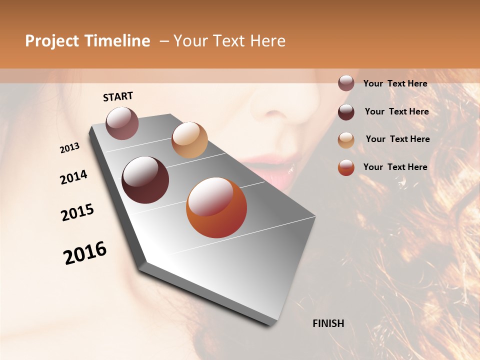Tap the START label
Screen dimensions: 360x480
click(118, 96)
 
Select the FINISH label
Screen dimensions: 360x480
click(328, 323)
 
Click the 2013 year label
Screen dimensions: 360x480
click(69, 148)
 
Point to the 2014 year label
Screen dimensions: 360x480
click(73, 177)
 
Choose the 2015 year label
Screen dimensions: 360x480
click(77, 212)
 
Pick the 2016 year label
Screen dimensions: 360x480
click(85, 253)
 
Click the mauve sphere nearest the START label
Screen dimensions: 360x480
click(122, 123)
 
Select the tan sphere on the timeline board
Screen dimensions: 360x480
click(189, 140)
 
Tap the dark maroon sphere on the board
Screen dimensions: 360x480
click(145, 180)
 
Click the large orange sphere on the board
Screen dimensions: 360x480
click(216, 207)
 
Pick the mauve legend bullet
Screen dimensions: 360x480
click(346, 83)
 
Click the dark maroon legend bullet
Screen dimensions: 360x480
click(346, 111)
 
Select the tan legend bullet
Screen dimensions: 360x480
click(346, 139)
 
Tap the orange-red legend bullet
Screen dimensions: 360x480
click(346, 167)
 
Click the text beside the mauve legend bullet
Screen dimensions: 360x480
click(395, 83)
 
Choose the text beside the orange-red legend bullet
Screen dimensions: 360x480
click(395, 167)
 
